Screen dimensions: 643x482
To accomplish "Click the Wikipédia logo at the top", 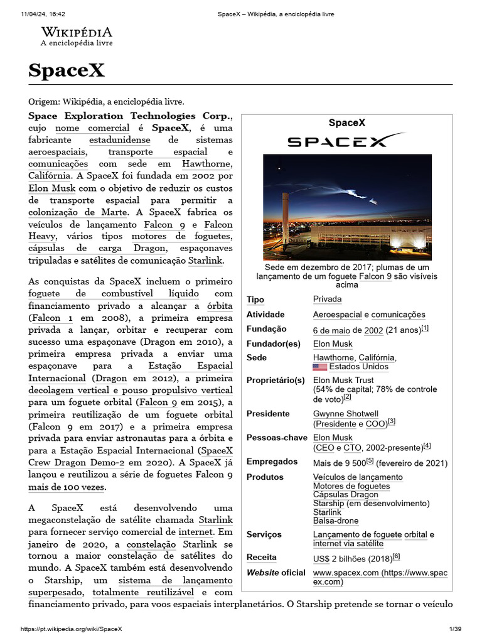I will click(x=77, y=36).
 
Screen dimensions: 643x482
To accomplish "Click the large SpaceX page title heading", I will click(x=67, y=70).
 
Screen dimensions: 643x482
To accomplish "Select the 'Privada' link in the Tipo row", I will click(x=327, y=300).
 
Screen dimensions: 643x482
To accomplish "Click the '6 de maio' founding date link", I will click(x=331, y=330).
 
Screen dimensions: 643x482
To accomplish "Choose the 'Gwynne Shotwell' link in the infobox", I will click(x=345, y=414).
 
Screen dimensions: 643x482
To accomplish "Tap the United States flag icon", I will click(x=319, y=367).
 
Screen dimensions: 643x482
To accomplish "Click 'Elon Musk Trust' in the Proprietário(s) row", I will click(x=343, y=380).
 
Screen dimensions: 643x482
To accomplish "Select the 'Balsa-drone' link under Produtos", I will click(x=336, y=521).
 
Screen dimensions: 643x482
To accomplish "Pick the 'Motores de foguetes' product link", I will click(x=351, y=486).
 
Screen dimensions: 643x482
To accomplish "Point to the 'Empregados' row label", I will click(x=272, y=462).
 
